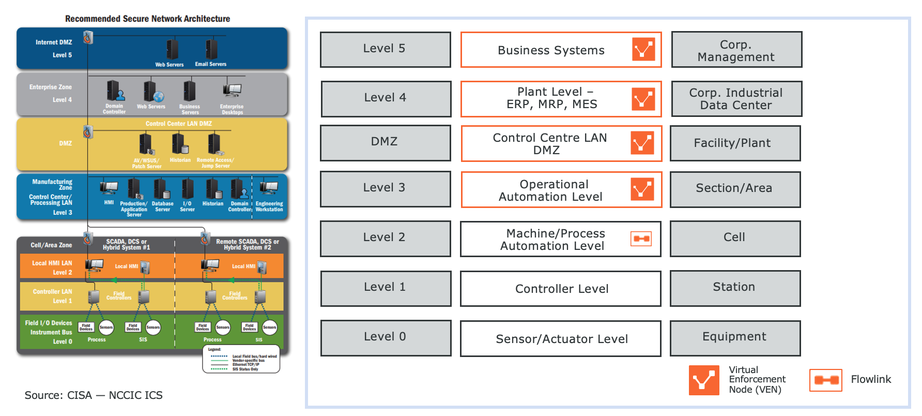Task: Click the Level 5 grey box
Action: click(385, 49)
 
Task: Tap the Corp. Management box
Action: click(736, 50)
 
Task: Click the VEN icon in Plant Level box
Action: click(643, 99)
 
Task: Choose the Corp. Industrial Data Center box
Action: click(736, 99)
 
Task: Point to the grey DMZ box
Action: click(385, 142)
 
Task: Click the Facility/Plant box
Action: click(735, 143)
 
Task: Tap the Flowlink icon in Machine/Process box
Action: click(641, 239)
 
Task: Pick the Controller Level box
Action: click(561, 289)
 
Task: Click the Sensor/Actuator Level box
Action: click(561, 339)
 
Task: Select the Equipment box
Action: click(735, 338)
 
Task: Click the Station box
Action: click(735, 288)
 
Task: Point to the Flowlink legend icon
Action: click(825, 380)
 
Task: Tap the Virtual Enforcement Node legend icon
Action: click(704, 380)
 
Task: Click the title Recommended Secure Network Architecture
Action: click(147, 19)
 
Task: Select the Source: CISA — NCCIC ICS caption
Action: click(94, 395)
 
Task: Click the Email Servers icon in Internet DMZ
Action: click(211, 50)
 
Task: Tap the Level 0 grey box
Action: click(386, 337)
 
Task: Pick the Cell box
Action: click(735, 238)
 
